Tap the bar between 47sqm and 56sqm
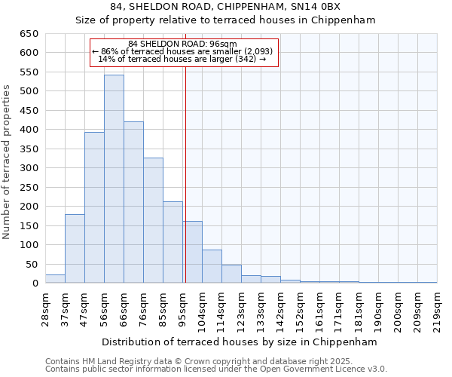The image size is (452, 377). (94, 207)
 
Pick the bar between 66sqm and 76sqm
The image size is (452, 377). (133, 202)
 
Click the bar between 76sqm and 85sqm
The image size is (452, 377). (153, 220)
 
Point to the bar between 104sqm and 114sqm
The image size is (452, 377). (212, 266)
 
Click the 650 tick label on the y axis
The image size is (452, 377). (29, 34)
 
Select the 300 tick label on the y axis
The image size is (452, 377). (29, 168)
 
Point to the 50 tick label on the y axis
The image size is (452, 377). (32, 265)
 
